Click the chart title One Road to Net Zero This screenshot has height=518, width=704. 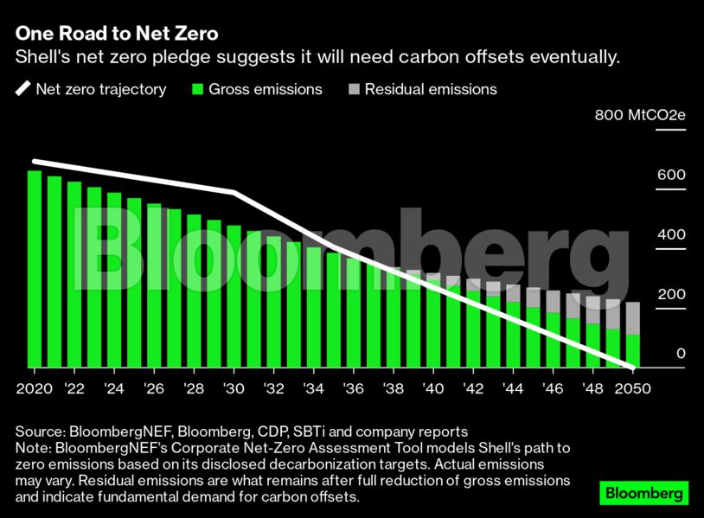(116, 35)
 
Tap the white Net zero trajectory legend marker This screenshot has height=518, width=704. (22, 89)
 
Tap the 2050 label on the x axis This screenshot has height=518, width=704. (632, 388)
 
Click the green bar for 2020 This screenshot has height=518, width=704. (35, 268)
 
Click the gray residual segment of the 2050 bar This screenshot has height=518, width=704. (632, 317)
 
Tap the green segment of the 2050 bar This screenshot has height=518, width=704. (632, 350)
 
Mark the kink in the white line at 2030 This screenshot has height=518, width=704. (234, 192)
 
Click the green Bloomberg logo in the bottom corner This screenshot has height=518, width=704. (644, 494)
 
